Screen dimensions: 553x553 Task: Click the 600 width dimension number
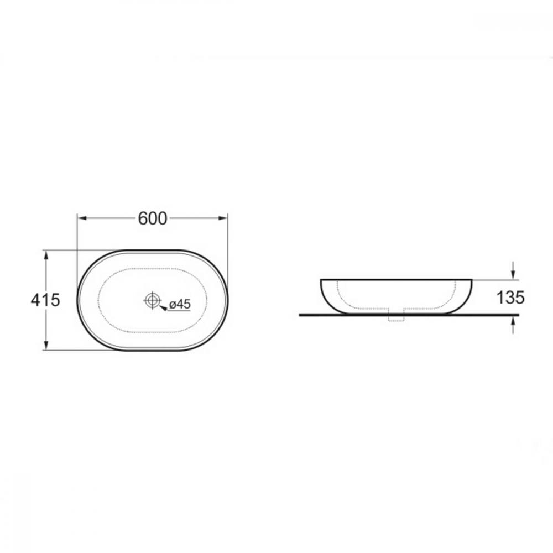pos(153,218)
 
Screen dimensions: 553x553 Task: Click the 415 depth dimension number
pos(45,300)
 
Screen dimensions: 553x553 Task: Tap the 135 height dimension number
pos(510,298)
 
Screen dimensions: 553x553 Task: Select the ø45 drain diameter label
pos(180,304)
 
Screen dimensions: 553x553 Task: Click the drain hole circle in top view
pos(153,300)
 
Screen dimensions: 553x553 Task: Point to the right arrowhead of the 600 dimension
pos(223,218)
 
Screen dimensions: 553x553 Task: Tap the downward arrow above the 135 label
pos(513,271)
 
